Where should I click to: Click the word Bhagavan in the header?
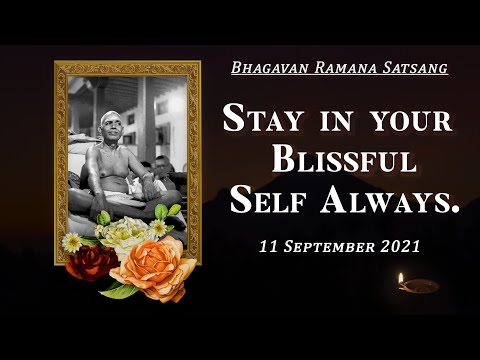(263, 68)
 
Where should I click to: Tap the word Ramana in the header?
(334, 68)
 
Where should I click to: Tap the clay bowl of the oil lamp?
(418, 287)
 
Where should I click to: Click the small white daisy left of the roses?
(72, 241)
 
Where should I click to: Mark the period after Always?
(455, 210)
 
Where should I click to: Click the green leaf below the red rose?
(118, 290)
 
